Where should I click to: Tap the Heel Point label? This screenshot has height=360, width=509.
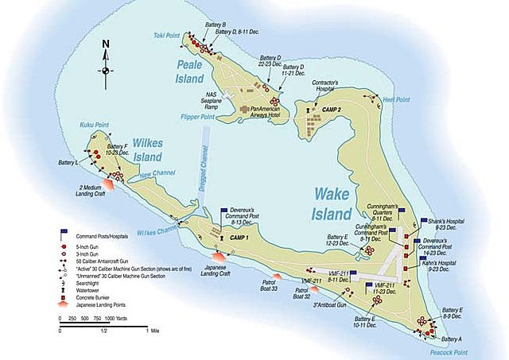395,99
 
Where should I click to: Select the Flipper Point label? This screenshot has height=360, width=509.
197,117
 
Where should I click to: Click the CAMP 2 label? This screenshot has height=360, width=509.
331,108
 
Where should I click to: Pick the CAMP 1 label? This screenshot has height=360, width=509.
239,238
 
